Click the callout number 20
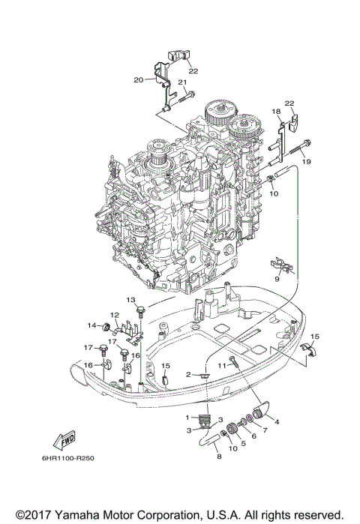(x=138, y=79)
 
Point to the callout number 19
(x=306, y=161)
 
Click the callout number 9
(x=277, y=278)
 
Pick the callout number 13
(x=130, y=300)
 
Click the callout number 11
(x=223, y=364)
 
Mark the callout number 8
(x=218, y=456)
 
